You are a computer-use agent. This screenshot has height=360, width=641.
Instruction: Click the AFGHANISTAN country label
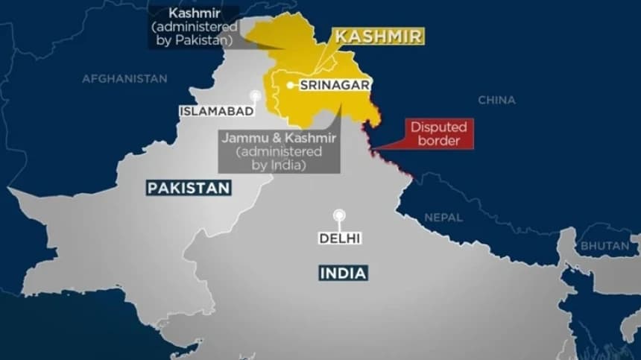tap(124, 78)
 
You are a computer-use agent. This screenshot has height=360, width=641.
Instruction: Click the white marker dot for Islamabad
tap(256, 96)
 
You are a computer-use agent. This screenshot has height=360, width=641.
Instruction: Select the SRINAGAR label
tap(335, 85)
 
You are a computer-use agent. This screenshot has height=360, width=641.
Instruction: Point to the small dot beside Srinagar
tap(290, 85)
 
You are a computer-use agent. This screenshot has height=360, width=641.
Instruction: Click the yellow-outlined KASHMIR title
tap(378, 37)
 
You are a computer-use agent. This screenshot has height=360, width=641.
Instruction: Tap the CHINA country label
tap(496, 100)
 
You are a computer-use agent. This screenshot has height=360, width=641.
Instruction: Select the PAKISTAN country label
tap(189, 189)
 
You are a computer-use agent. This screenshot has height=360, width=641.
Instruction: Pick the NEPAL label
tap(443, 218)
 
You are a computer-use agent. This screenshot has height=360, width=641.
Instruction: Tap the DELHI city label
tap(339, 239)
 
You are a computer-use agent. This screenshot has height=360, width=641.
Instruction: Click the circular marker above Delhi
tap(339, 215)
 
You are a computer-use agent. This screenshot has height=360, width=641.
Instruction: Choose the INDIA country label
tap(343, 273)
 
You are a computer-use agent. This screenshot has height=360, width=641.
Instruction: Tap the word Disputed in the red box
tap(439, 127)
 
